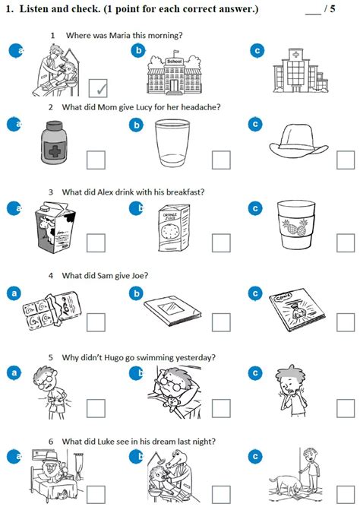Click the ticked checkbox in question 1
(98, 88)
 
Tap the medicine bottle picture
(54, 143)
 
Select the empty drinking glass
(172, 143)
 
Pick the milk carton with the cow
(55, 227)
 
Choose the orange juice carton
(174, 228)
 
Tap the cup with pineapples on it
(296, 225)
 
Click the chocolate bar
(52, 310)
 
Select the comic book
(297, 309)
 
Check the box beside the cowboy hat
(346, 160)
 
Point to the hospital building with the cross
(300, 71)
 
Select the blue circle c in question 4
(255, 293)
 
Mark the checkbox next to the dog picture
(346, 495)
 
